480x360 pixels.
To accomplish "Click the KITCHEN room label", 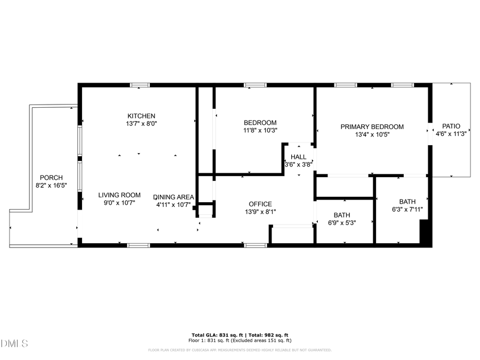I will pyautogui.click(x=141, y=116).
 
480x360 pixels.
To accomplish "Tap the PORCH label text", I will pyautogui.click(x=51, y=178).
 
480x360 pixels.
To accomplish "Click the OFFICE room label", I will pyautogui.click(x=260, y=204).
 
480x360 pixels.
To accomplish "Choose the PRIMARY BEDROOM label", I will pyautogui.click(x=372, y=127).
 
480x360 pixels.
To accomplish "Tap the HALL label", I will pyautogui.click(x=298, y=157).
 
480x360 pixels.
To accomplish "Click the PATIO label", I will pyautogui.click(x=451, y=126).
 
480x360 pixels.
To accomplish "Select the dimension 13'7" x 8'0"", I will pyautogui.click(x=141, y=124).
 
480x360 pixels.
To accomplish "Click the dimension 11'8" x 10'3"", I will pyautogui.click(x=260, y=130).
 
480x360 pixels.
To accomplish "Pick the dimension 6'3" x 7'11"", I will pyautogui.click(x=407, y=210).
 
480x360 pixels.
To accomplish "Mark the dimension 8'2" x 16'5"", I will pyautogui.click(x=51, y=186).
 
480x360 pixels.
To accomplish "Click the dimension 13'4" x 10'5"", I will pyautogui.click(x=372, y=134).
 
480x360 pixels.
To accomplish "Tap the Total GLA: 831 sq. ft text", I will pyautogui.click(x=217, y=334).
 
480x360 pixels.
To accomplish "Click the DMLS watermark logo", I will pyautogui.click(x=14, y=343).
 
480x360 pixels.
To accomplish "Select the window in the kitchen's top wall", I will pyautogui.click(x=140, y=85).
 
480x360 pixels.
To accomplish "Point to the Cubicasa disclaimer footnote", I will pyautogui.click(x=239, y=350).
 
